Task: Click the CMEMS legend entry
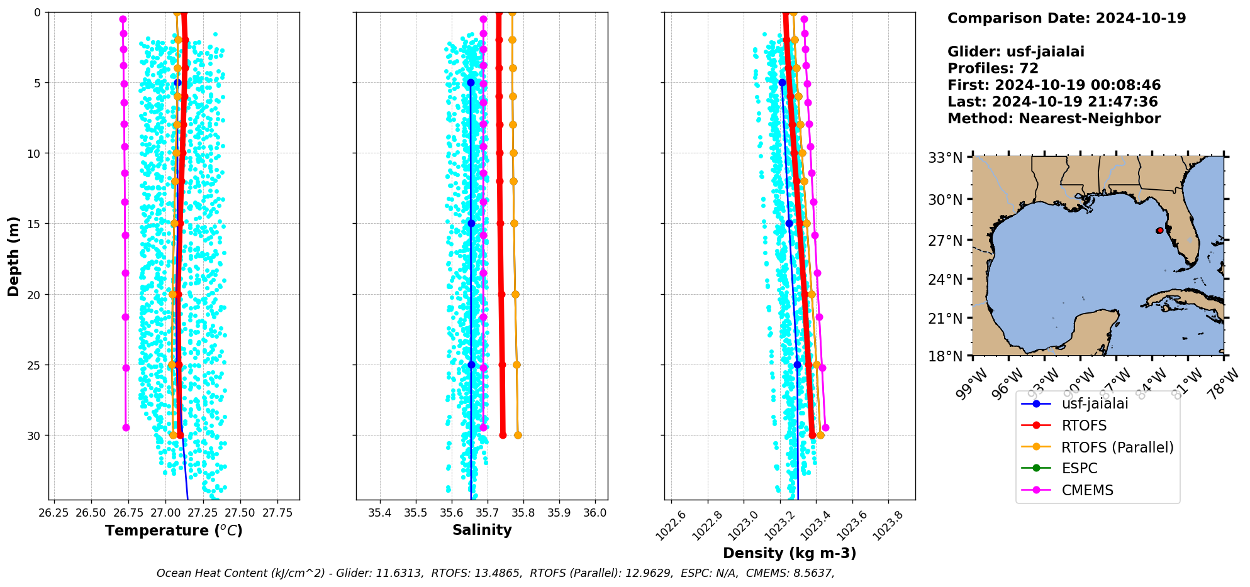pyautogui.click(x=1087, y=490)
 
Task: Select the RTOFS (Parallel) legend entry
pyautogui.click(x=1117, y=447)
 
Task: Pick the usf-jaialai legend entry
pyautogui.click(x=1095, y=403)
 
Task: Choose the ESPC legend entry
pyautogui.click(x=1079, y=469)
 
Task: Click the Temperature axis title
pyautogui.click(x=174, y=530)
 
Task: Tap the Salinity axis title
pyautogui.click(x=482, y=530)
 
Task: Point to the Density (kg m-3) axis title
pyautogui.click(x=790, y=553)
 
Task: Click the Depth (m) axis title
pyautogui.click(x=13, y=256)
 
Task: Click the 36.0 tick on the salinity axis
pyautogui.click(x=595, y=513)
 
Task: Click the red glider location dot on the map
pyautogui.click(x=1159, y=231)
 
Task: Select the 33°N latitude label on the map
pyautogui.click(x=946, y=158)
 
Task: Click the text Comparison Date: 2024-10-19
pyautogui.click(x=1066, y=18)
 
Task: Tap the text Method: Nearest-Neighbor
pyautogui.click(x=1054, y=119)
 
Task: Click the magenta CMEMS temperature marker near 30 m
pyautogui.click(x=126, y=427)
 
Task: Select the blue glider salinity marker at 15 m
pyautogui.click(x=471, y=223)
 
